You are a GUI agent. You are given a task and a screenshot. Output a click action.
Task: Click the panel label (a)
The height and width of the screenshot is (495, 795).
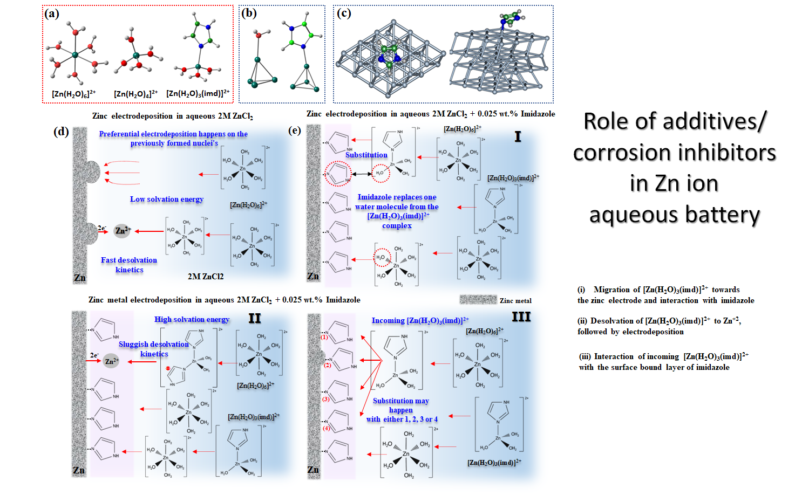52,13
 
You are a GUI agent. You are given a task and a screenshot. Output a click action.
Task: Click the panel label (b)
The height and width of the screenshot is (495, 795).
249,13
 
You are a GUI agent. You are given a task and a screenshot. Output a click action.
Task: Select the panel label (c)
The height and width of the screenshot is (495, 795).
344,13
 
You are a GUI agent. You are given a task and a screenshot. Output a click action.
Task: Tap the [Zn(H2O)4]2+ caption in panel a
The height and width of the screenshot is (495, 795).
136,94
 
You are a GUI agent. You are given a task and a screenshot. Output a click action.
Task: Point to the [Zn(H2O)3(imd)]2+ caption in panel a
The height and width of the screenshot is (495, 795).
198,93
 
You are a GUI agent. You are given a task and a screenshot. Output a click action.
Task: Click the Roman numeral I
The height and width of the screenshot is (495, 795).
518,137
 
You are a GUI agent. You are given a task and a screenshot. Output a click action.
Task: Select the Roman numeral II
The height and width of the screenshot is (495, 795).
255,319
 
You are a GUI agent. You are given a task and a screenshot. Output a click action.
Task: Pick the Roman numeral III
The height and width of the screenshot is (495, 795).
521,317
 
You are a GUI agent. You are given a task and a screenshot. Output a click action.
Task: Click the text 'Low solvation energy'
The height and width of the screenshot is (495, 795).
167,199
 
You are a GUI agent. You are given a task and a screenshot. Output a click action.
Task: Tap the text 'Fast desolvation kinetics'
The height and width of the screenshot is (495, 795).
129,265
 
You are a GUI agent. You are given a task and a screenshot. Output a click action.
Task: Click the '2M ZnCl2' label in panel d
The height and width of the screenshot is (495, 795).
206,276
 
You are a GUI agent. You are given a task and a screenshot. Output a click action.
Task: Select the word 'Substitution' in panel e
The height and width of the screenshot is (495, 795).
366,155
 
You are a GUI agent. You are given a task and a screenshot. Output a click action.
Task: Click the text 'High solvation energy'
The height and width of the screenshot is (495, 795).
192,319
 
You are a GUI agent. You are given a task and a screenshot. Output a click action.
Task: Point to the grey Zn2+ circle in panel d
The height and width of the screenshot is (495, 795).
123,231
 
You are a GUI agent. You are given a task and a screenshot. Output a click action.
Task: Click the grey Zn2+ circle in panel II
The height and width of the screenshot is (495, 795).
111,361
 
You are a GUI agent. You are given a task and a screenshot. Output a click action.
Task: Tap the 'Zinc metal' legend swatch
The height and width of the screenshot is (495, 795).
478,299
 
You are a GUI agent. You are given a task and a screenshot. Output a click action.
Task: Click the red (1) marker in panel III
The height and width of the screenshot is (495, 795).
324,337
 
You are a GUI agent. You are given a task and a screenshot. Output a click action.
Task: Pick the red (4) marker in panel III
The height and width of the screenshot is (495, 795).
326,428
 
